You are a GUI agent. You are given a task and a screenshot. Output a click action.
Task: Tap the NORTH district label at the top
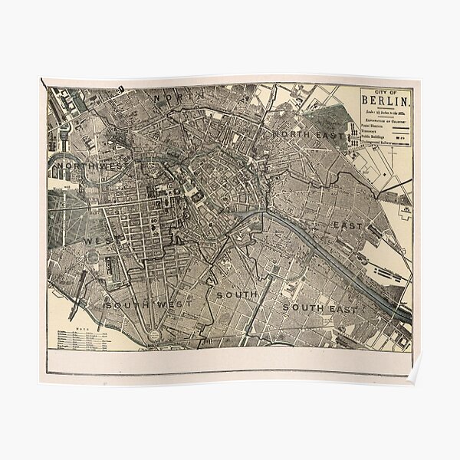pyautogui.click(x=173, y=99)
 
